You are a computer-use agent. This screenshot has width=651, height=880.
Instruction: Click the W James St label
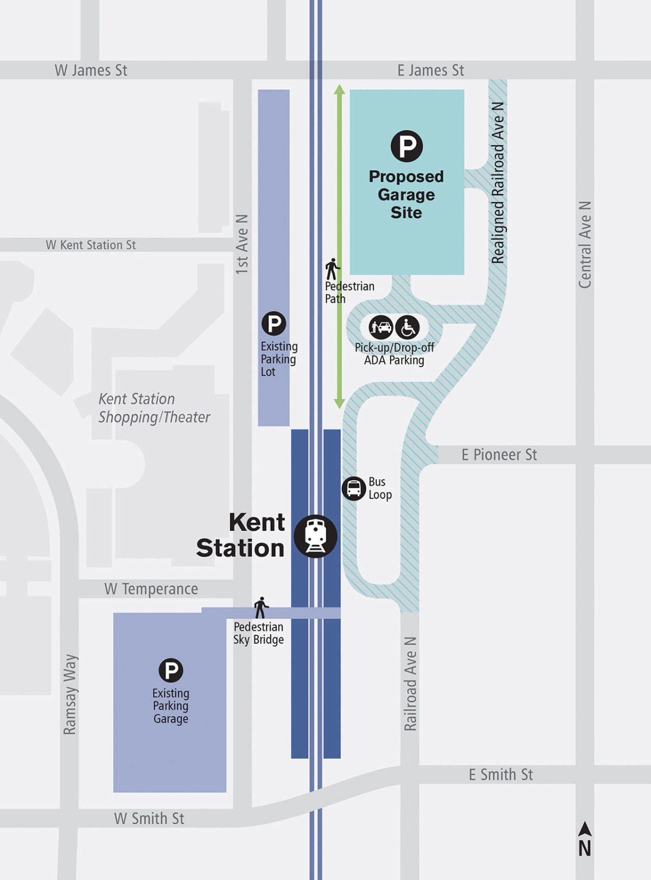point(91,70)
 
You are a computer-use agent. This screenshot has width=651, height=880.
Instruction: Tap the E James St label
point(431,70)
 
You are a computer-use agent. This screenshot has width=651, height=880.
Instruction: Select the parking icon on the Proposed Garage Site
point(407,146)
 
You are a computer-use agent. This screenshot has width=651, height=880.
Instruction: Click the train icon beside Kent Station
point(315,536)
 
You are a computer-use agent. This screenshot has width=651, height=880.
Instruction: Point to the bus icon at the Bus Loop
point(354,489)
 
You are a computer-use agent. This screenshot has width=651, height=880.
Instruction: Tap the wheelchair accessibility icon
point(407,327)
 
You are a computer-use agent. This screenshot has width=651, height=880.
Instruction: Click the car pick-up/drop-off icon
point(381,327)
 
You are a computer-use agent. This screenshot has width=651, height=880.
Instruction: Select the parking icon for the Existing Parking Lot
point(274,324)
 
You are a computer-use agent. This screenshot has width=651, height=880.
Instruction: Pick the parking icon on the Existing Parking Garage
point(171,670)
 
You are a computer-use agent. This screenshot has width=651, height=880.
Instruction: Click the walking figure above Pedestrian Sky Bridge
point(261,608)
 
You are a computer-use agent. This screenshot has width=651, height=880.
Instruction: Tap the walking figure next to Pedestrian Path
point(332,269)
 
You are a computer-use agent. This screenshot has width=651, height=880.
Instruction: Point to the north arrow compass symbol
point(584,839)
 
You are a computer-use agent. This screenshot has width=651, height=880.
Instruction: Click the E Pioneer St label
point(499,455)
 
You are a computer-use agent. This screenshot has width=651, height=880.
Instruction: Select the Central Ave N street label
point(585,245)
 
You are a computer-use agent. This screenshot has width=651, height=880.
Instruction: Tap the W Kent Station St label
point(91,245)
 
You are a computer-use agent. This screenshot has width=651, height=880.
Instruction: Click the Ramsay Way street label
point(70,695)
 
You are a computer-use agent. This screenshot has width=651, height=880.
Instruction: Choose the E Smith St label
point(501,775)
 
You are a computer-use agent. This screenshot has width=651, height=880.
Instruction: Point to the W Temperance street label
point(151,589)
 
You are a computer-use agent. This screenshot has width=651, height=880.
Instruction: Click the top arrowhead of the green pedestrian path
point(340,89)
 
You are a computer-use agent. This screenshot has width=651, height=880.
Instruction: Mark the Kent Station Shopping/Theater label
point(154,408)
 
